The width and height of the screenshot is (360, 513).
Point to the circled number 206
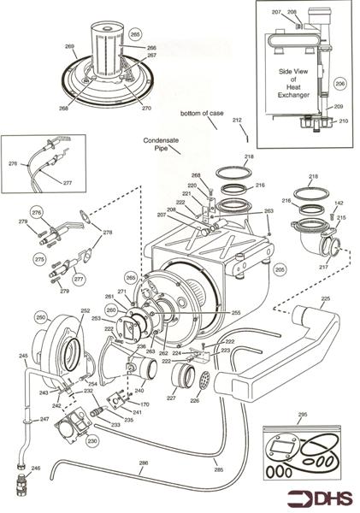[339, 84]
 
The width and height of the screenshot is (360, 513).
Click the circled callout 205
[279, 268]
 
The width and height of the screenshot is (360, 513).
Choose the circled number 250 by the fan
[40, 317]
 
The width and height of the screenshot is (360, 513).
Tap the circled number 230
[92, 440]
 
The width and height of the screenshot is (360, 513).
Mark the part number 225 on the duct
[324, 299]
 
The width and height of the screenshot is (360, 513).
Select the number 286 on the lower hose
[143, 463]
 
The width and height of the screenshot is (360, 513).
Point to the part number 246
[35, 469]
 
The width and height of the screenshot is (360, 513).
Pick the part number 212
[237, 120]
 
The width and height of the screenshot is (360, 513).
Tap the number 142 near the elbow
[339, 203]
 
